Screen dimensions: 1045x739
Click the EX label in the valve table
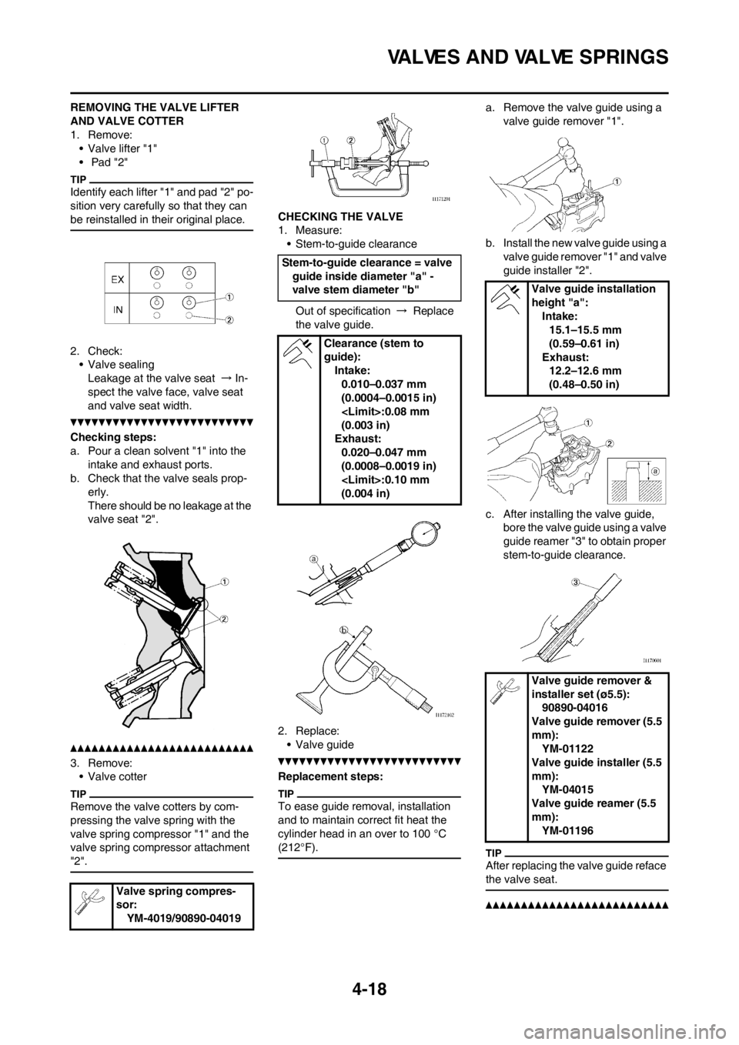click(x=119, y=273)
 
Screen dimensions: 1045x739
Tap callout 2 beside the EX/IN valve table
click(x=229, y=322)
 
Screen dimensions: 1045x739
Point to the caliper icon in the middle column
click(x=297, y=355)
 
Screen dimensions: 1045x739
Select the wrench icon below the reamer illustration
click(x=506, y=690)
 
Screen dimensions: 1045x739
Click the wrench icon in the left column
click(x=89, y=901)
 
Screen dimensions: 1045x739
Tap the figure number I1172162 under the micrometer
click(x=440, y=715)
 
